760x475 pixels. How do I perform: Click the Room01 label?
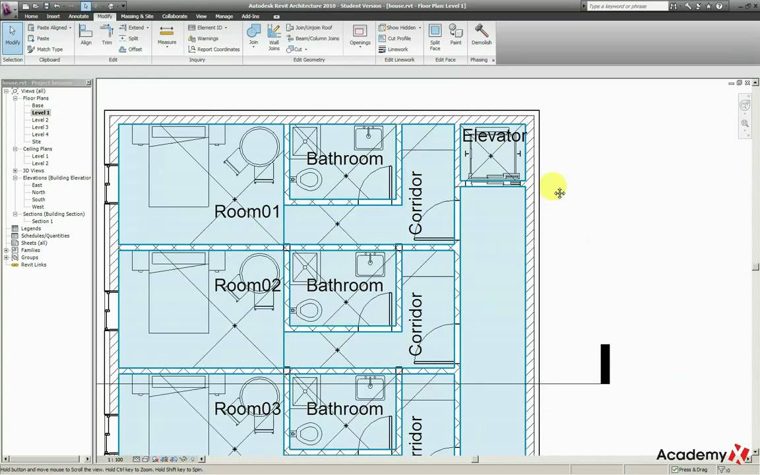tap(247, 212)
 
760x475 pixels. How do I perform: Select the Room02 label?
tap(247, 286)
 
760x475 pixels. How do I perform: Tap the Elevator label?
tap(494, 136)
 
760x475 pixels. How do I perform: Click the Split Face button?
tap(435, 36)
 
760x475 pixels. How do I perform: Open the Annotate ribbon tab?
tap(79, 16)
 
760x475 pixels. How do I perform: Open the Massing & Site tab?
tap(137, 16)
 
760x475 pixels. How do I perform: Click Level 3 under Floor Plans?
tap(40, 127)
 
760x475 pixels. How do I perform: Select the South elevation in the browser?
tap(38, 199)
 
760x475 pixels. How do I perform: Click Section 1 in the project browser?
tap(42, 221)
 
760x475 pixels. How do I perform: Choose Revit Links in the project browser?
tap(34, 265)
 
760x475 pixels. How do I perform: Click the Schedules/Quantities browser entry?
tap(45, 236)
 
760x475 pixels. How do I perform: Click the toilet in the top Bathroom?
tap(308, 179)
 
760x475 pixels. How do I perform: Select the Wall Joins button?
tap(274, 36)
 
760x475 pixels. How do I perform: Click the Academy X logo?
tap(702, 455)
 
